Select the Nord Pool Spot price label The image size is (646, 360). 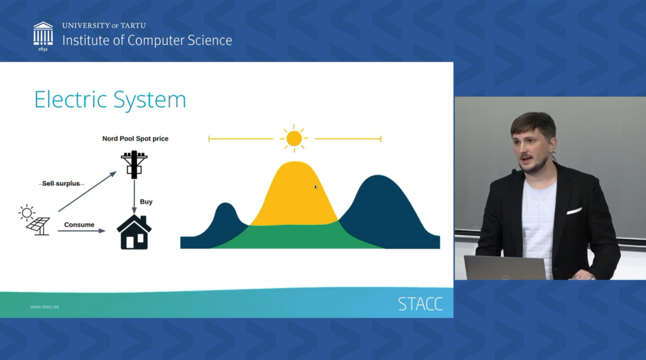point(135,138)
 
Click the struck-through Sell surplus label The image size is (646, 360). point(61,183)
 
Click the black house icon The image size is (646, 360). point(134,232)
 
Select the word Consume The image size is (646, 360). point(79,224)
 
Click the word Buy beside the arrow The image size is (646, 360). point(146,202)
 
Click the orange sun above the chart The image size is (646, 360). point(294,138)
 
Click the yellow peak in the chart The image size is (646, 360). point(294,192)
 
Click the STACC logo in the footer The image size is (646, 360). point(420,304)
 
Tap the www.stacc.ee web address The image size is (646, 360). point(44,307)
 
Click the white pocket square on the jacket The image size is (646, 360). point(573,211)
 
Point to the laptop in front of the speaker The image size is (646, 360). point(505,267)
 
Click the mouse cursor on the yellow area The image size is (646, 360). point(316,187)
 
